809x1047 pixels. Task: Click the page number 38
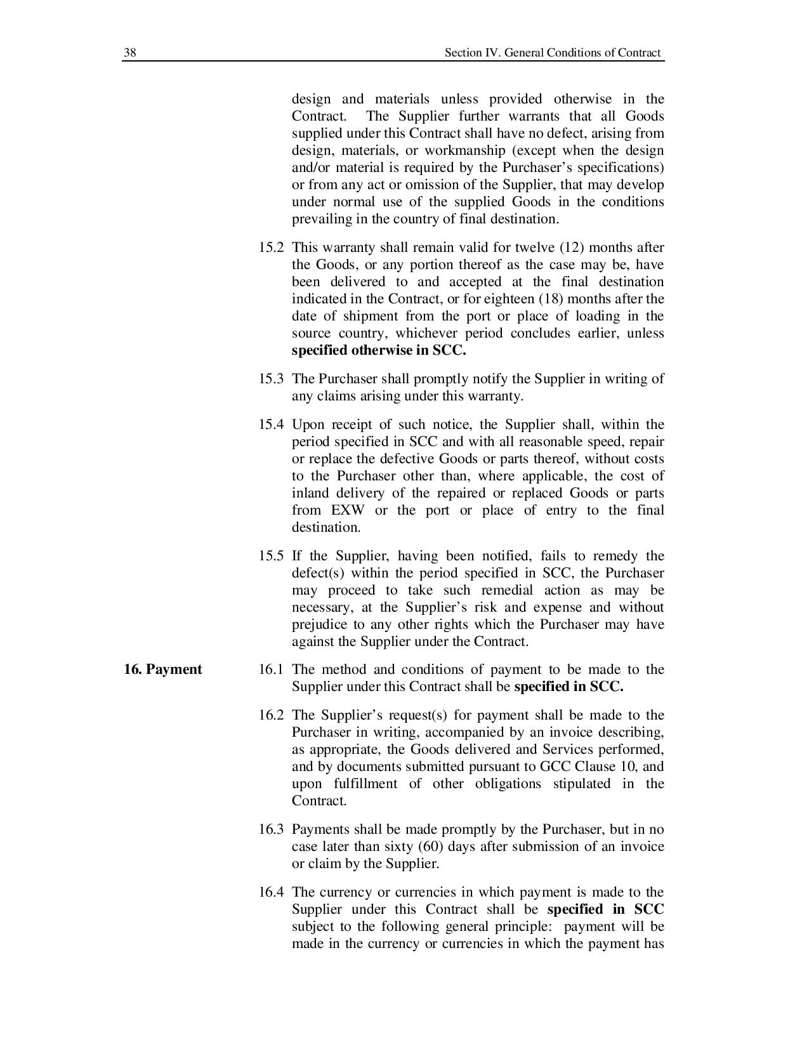[x=129, y=53]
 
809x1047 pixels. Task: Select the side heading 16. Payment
[x=163, y=669]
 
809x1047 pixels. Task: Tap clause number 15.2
[x=271, y=247]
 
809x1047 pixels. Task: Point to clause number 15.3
[x=271, y=379]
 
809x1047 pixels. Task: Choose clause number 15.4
[x=271, y=425]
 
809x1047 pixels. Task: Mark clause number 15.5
[x=271, y=556]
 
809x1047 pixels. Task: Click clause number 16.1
[x=271, y=669]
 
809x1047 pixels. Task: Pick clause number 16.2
[x=271, y=715]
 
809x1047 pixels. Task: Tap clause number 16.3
[x=271, y=829]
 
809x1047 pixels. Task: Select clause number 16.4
[x=271, y=892]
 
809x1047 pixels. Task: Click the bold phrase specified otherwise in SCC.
[x=379, y=350]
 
